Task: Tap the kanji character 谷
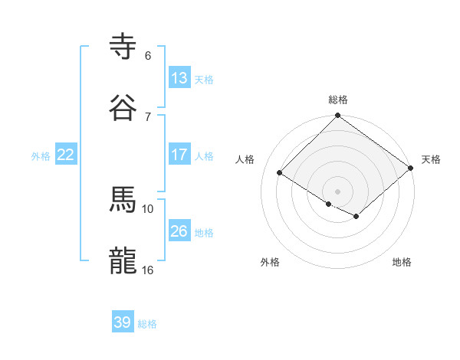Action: point(123,108)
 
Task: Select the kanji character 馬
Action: point(123,199)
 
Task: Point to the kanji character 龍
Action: point(123,260)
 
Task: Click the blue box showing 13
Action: point(179,78)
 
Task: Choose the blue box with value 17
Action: point(179,155)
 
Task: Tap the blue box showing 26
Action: point(179,231)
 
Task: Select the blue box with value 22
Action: point(65,155)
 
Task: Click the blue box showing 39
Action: point(123,322)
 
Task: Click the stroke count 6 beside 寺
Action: point(148,56)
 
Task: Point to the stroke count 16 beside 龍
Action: point(148,270)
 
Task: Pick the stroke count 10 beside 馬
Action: point(148,208)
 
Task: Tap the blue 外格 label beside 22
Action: point(41,156)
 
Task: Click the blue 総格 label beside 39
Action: point(147,324)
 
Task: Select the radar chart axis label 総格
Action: point(338,100)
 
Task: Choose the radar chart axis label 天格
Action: point(431,159)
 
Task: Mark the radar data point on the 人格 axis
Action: point(280,173)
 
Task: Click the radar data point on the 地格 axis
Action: point(356,217)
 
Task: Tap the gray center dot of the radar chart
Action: point(338,191)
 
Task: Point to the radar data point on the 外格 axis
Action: point(329,204)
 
